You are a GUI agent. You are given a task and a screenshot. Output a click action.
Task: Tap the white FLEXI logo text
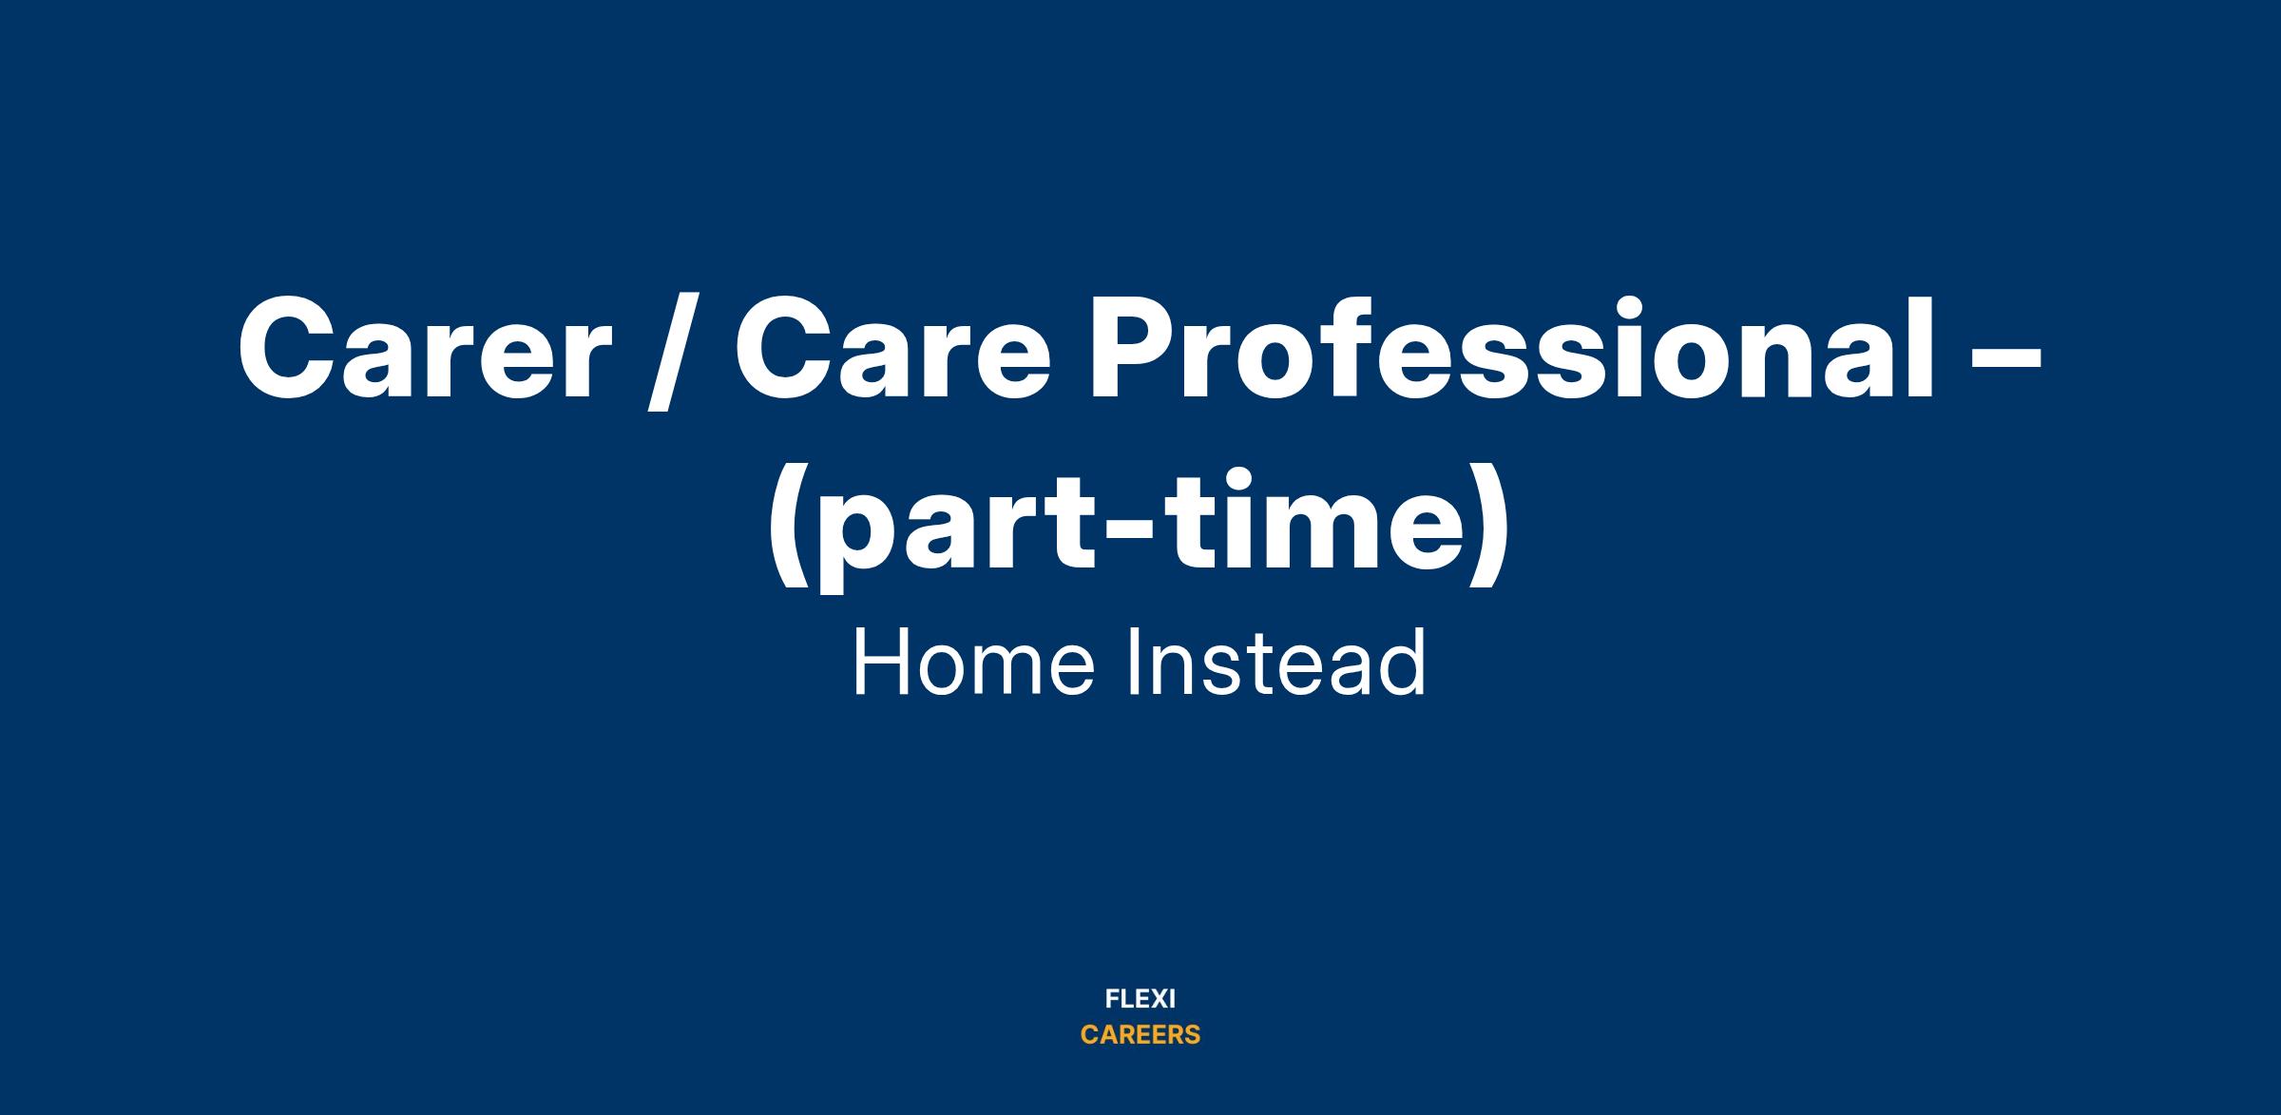[x=1140, y=999]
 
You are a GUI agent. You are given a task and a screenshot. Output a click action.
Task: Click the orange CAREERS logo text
[x=1140, y=1035]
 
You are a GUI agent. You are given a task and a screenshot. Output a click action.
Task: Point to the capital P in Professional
[x=1136, y=349]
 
